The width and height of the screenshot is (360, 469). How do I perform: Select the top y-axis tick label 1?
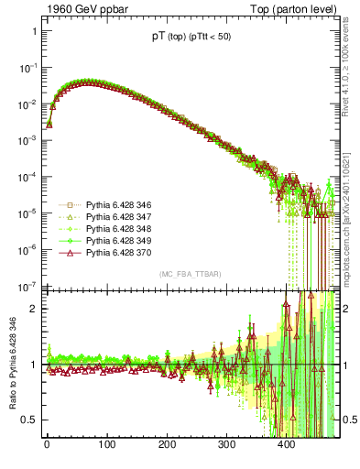(x=34, y=32)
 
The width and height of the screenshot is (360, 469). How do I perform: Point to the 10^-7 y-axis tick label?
(x=28, y=285)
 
